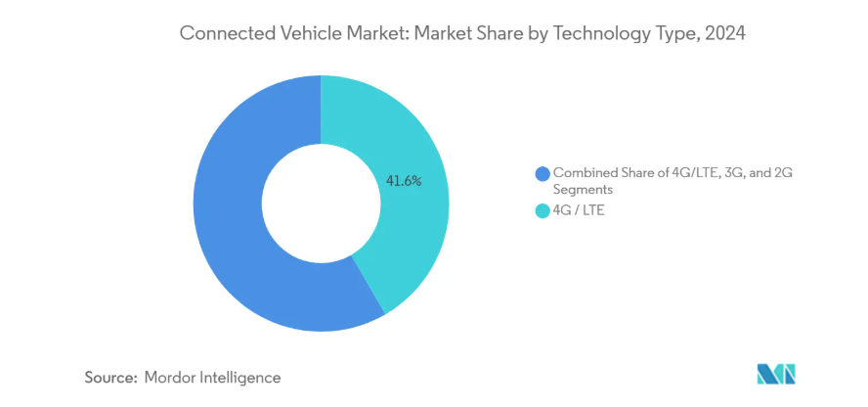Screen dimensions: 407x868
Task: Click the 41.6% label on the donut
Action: coord(404,181)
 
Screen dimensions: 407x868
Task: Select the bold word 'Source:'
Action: coord(111,377)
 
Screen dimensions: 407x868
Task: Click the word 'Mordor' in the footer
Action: coord(171,377)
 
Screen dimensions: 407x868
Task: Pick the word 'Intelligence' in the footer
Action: coord(240,377)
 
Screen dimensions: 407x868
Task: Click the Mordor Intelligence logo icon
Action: coord(777,374)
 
